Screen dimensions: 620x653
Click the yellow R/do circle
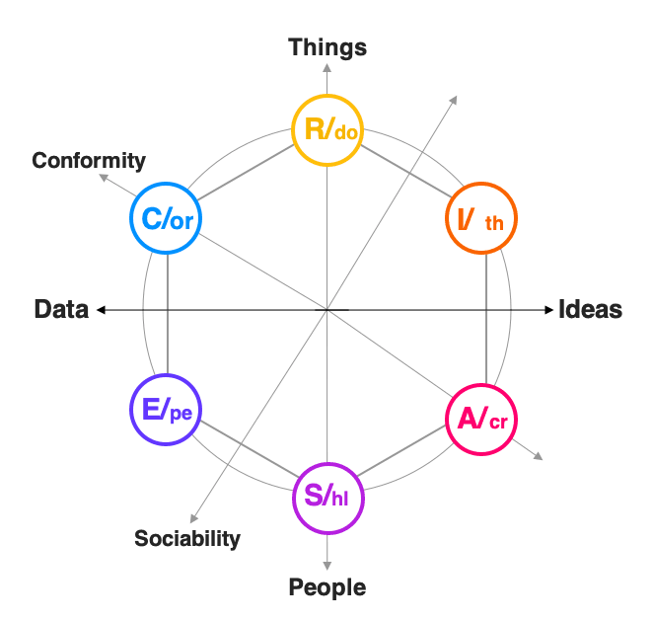pos(326,129)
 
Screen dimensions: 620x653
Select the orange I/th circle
pos(481,219)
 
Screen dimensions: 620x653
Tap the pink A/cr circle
pos(481,419)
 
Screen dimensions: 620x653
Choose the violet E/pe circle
pos(166,410)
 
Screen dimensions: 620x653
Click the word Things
pos(327,46)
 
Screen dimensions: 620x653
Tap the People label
pos(326,587)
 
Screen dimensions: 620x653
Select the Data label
pos(61,309)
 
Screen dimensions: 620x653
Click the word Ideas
pos(590,309)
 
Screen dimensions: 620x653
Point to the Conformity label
pos(89,160)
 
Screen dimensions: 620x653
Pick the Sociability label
pos(187,538)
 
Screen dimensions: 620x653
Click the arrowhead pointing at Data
pos(99,310)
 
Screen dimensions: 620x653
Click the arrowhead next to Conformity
pos(103,180)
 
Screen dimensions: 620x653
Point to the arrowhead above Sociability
pos(193,520)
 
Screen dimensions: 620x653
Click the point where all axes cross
pos(326,310)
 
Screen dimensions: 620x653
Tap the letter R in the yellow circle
pos(314,129)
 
